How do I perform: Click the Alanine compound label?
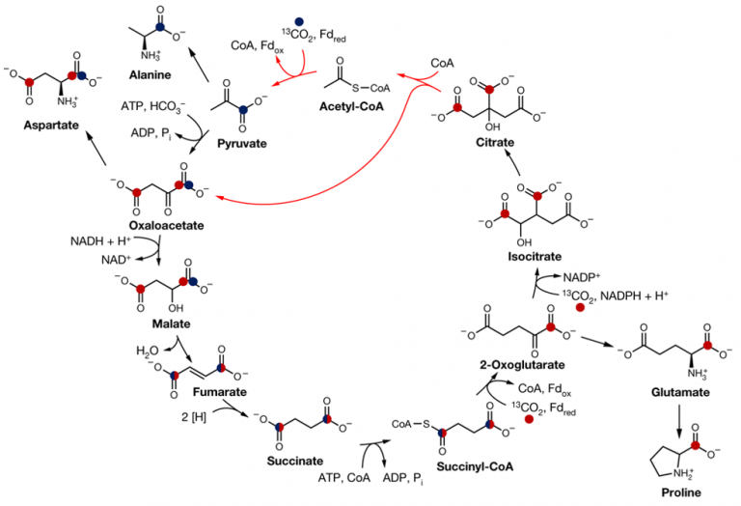(151, 73)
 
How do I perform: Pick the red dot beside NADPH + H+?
(581, 308)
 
